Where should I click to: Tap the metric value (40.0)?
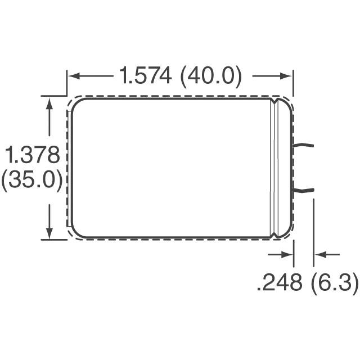coord(210,75)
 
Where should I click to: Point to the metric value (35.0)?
coord(31,181)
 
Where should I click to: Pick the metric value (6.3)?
coord(334,283)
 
